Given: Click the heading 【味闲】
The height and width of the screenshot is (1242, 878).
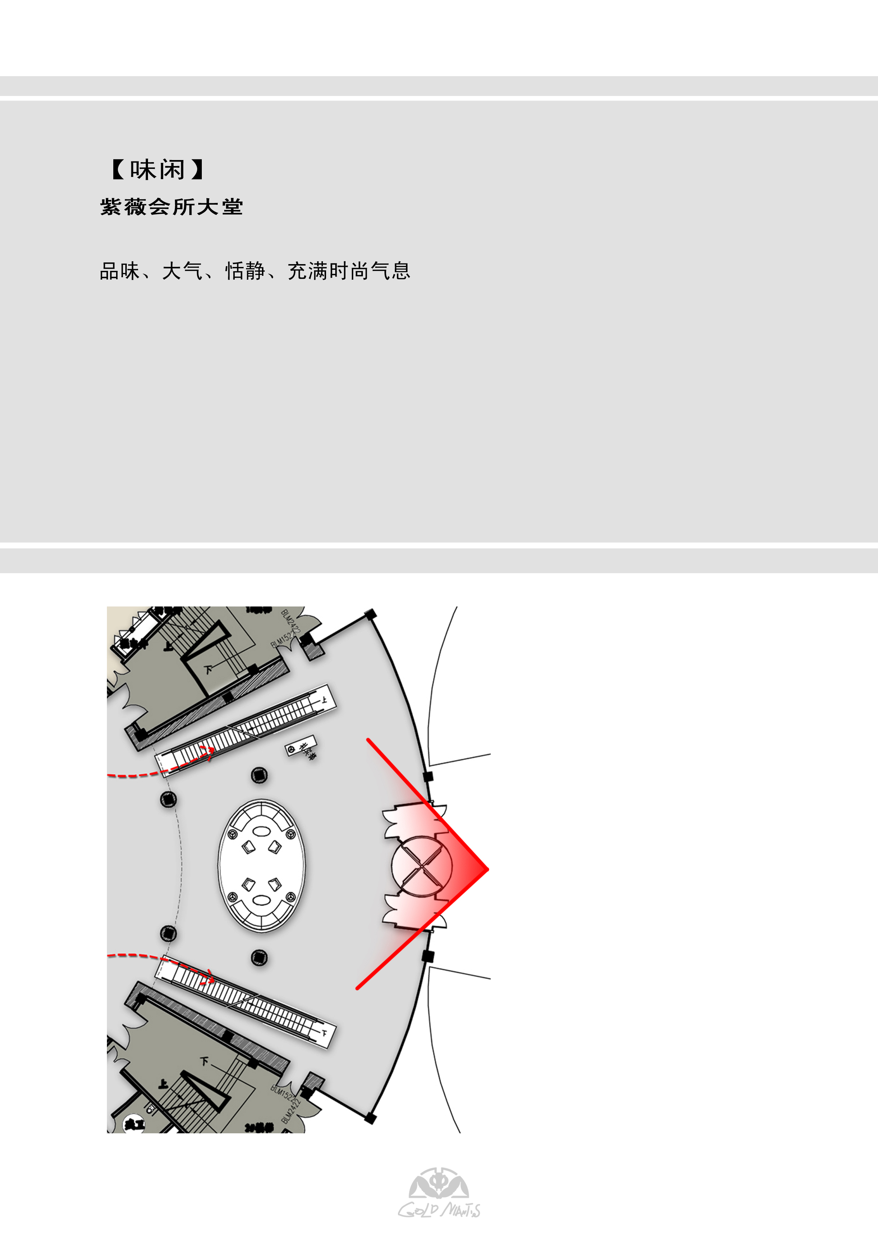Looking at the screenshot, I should coord(158,170).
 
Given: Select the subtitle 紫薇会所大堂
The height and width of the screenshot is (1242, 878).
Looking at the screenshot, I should coord(171,207).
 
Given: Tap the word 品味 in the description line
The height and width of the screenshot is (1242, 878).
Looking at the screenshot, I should coord(120,271).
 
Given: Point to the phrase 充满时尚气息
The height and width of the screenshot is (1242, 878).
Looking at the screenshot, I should coord(349,271).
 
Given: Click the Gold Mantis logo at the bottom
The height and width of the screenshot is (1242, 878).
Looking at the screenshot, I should coord(439,1193).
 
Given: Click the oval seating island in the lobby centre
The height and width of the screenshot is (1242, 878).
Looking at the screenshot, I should coord(262,866).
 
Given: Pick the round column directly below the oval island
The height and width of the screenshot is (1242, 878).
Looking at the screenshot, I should coord(260,958).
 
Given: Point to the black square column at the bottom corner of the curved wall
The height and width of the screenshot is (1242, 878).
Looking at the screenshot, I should coord(371,1118).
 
